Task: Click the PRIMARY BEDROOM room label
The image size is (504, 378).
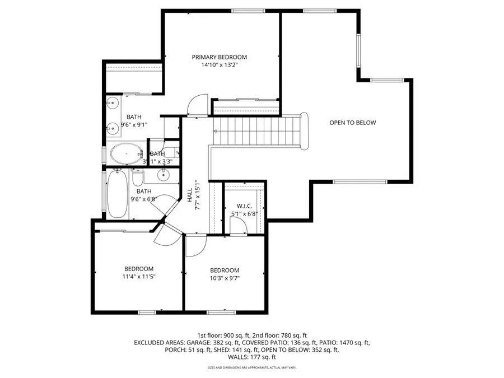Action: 219,57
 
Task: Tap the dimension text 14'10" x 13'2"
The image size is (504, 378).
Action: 219,65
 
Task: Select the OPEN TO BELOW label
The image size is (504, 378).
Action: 352,123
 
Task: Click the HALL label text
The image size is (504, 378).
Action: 190,195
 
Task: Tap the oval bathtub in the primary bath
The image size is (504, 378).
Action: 127,152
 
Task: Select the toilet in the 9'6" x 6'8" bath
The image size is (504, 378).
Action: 138,178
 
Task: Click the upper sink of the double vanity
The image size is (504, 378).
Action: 113,103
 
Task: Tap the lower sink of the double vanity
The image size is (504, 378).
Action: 113,127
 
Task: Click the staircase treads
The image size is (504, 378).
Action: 258,130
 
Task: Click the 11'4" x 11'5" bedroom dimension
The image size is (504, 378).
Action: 138,277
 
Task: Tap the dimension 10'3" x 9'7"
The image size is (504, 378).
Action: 224,278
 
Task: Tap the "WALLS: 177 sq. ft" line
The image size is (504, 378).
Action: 251,357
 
